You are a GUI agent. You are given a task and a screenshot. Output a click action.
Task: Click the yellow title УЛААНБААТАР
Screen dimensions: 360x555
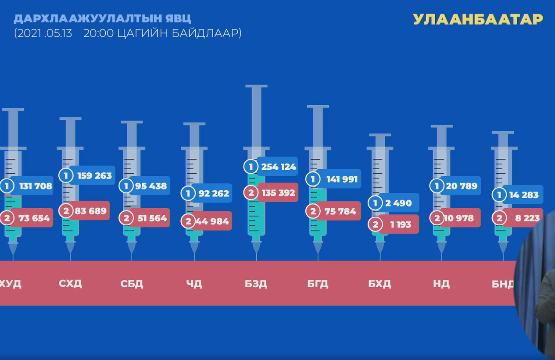tap(478, 19)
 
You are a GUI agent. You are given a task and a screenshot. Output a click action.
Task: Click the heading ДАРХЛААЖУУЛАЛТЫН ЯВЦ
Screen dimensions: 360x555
tap(102, 19)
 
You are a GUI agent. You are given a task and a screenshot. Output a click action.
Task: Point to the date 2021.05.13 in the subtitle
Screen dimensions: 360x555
tap(44, 33)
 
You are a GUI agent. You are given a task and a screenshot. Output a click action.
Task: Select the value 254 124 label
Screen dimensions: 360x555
tap(278, 167)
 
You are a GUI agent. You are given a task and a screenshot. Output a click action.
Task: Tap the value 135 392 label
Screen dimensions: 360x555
tap(278, 192)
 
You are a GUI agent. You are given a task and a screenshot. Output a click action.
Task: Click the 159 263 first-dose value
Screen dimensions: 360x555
tap(94, 175)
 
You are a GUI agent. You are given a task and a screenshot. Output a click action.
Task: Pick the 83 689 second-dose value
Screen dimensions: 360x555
tap(90, 211)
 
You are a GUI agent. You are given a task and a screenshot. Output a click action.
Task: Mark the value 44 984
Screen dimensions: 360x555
tap(212, 221)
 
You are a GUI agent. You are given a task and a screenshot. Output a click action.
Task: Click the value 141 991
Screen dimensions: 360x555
tap(341, 179)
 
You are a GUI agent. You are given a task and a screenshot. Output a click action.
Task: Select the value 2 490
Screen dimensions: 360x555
tap(399, 203)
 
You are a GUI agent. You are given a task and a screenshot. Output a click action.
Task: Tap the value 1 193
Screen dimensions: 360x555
tap(401, 225)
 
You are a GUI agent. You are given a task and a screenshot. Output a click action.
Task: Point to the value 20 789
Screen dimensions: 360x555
tap(461, 186)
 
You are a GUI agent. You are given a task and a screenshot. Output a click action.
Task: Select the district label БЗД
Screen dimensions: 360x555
tap(256, 284)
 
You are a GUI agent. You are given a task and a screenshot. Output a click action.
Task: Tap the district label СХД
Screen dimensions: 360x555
tap(70, 284)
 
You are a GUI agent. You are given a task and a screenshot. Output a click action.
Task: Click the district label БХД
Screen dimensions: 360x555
tap(380, 284)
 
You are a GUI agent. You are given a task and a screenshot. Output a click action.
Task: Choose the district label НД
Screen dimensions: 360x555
tap(441, 284)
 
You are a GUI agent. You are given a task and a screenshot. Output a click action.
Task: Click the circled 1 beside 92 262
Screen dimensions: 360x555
tap(188, 193)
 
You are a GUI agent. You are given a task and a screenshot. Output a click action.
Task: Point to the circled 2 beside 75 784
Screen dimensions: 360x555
tap(313, 212)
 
